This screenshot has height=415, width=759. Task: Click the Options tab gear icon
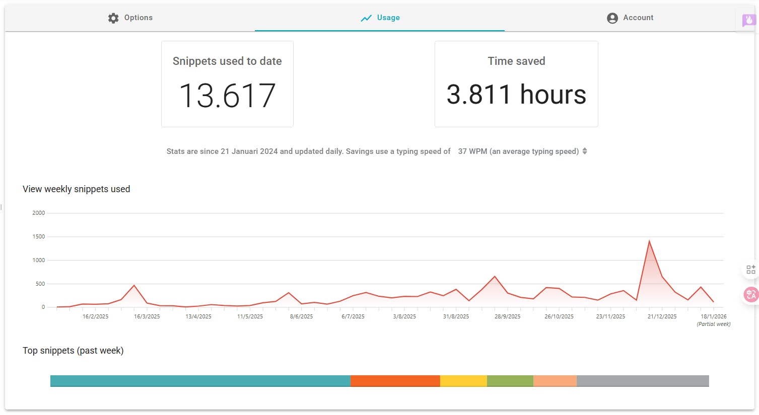pos(113,18)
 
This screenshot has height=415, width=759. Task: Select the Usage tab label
pos(388,18)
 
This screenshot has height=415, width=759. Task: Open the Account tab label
pos(638,18)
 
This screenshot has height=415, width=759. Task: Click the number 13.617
pos(227,96)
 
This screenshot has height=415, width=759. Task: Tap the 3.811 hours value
pos(516,95)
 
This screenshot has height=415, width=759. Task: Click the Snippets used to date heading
pos(227,61)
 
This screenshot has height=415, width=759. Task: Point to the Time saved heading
pos(516,61)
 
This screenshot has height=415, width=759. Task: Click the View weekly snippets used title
pos(77,189)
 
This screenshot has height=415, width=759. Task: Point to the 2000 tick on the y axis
pos(39,213)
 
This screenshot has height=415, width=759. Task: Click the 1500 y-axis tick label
pos(39,237)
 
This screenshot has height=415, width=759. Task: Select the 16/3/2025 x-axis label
pos(147,317)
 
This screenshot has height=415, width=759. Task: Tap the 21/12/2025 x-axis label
pos(662,317)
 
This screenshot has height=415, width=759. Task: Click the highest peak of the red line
pos(649,241)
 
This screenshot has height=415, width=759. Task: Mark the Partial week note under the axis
pos(713,324)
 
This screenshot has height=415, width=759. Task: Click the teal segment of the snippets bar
pos(200,381)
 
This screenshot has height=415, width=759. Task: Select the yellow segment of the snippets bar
pos(463,381)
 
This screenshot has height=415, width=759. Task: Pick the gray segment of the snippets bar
pos(643,381)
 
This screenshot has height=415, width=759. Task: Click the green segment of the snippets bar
pos(510,381)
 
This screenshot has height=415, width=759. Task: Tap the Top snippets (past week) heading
pos(73,351)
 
